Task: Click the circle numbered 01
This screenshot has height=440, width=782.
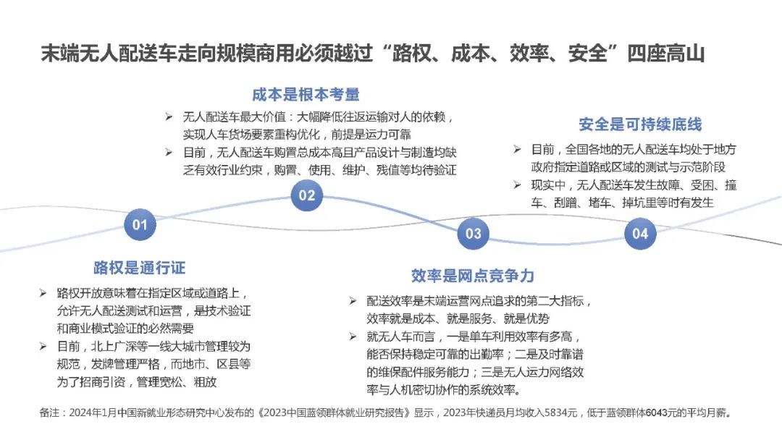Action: tap(140, 224)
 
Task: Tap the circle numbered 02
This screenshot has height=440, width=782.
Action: tap(307, 195)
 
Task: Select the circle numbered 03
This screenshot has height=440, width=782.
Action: tap(473, 233)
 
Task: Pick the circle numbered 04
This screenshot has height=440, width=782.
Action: tap(640, 233)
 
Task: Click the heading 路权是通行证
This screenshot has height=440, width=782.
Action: tap(140, 268)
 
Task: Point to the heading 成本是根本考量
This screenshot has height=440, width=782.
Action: tap(306, 95)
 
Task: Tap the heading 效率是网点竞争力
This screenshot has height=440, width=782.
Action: tap(473, 276)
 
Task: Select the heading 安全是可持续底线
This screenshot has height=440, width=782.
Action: tap(640, 124)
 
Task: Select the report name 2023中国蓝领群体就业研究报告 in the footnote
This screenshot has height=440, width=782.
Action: tap(340, 414)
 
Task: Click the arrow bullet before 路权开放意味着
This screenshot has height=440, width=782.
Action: tap(43, 294)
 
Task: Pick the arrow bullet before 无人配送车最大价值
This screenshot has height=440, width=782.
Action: tap(169, 117)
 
